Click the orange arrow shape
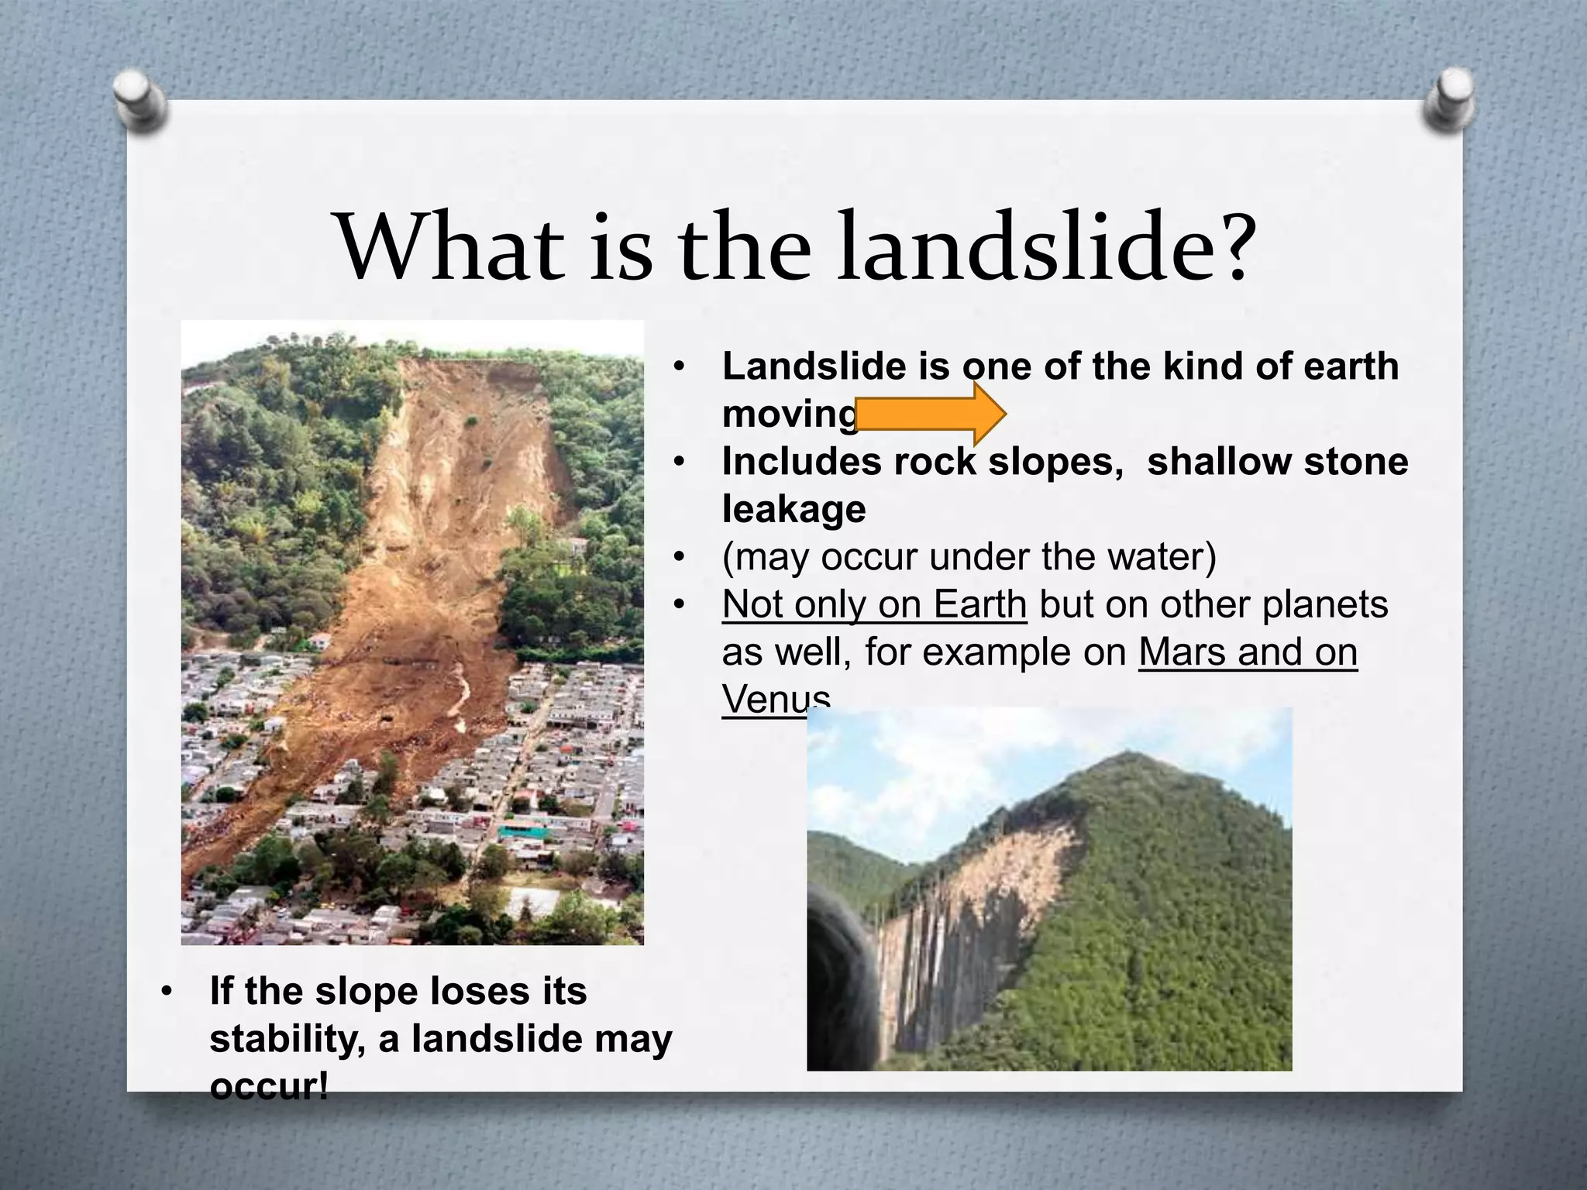930,414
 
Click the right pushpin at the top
1448,98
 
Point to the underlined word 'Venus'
775,699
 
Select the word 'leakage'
793,509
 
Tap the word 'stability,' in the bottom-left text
287,1039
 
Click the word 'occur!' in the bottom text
269,1086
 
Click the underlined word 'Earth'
979,604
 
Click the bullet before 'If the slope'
166,992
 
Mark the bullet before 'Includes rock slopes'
679,462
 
